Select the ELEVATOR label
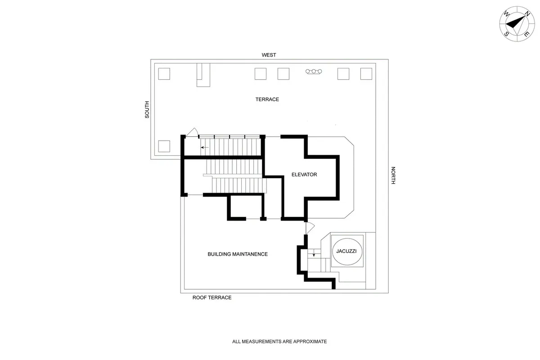[x=304, y=175]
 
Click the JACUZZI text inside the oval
[x=346, y=251]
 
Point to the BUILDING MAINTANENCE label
[x=238, y=254]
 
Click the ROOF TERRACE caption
[x=212, y=298]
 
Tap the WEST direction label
[x=269, y=55]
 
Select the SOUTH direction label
[x=147, y=109]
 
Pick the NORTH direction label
[x=393, y=175]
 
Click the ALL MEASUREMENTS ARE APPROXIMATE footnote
[x=279, y=342]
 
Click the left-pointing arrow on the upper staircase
[x=205, y=147]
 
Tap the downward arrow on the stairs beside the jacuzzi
[x=314, y=255]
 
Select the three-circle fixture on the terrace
[x=314, y=71]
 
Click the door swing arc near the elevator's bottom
[x=309, y=228]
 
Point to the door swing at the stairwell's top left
[x=192, y=131]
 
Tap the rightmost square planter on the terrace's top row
[x=366, y=74]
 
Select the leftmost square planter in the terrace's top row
[x=164, y=74]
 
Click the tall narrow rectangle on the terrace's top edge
[x=203, y=75]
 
